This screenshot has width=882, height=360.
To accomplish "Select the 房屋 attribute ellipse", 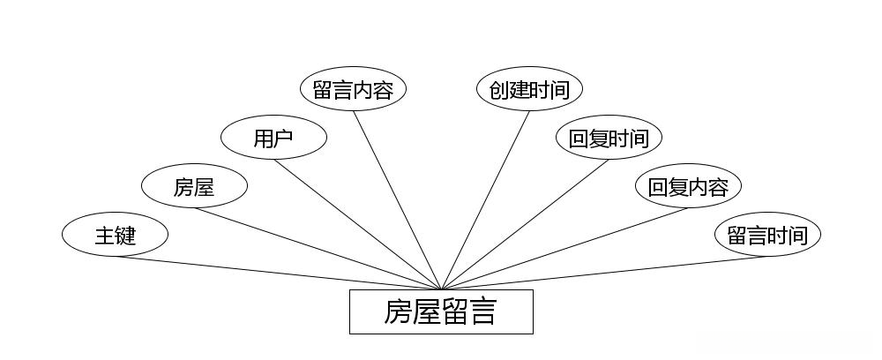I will pos(194,187).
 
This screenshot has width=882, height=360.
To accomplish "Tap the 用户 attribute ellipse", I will pos(273,139).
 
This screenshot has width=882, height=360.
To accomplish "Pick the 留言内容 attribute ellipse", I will pos(353,90).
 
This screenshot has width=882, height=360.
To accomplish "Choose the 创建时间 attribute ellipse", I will pos(529,90).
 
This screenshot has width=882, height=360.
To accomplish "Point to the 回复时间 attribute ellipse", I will pos(609,139).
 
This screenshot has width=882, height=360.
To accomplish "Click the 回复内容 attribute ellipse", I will pos(688,187).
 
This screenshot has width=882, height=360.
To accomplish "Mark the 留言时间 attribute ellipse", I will pos(767,236).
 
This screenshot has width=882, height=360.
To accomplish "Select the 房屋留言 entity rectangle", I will pos(441,312).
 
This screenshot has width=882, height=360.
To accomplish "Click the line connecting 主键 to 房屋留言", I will pos(278,273).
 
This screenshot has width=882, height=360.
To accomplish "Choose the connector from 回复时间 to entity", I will pos(525,224).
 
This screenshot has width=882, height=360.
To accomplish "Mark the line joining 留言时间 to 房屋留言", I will pos(604,273).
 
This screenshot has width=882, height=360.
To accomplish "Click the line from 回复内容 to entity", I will pos(564,249).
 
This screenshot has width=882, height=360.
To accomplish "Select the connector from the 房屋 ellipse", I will pos(318,249).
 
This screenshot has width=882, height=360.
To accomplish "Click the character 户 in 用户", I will pos(284,139).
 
